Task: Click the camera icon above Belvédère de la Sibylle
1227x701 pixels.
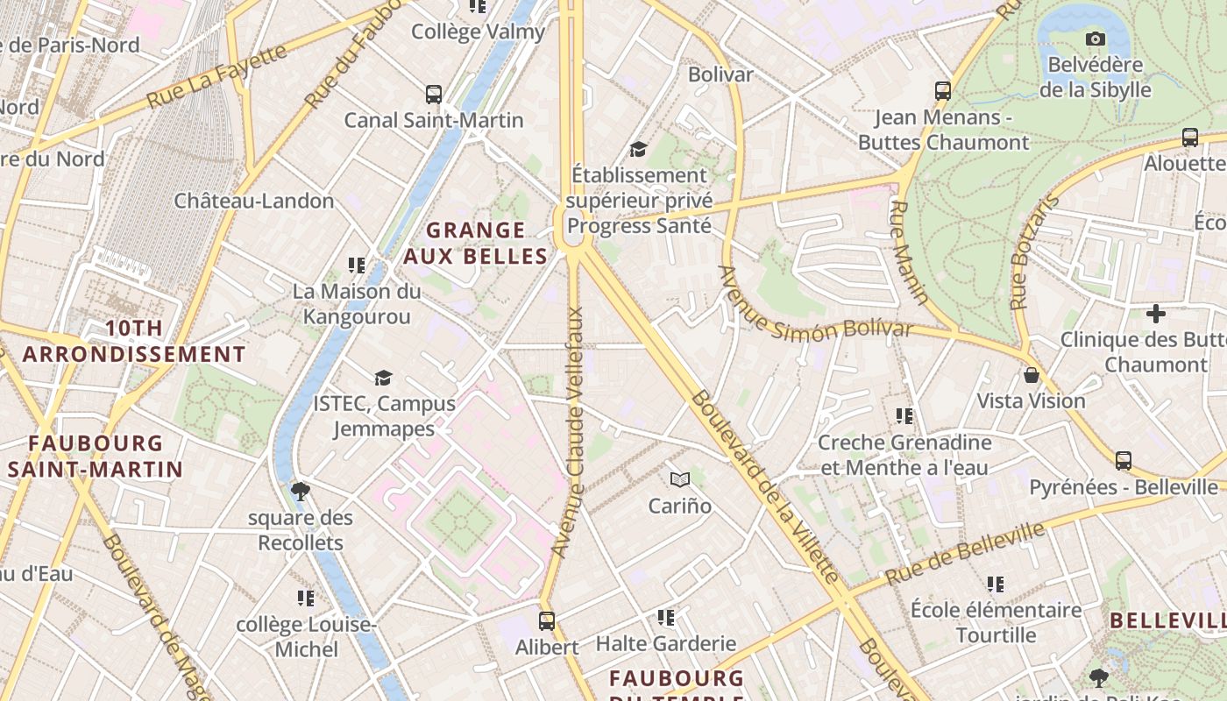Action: point(1095,39)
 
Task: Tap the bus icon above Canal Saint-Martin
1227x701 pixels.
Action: point(433,95)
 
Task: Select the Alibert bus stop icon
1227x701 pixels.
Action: point(547,621)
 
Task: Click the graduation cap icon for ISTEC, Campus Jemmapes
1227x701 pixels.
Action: point(383,378)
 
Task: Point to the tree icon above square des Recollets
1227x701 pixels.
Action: point(300,491)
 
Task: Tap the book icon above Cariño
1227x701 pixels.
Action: point(680,479)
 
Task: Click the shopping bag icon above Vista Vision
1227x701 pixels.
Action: point(1032,375)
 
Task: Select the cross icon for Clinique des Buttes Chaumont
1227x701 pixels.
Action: point(1156,313)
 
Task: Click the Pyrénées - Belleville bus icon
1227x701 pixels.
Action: point(1123,461)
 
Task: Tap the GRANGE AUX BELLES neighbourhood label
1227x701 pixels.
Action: point(475,244)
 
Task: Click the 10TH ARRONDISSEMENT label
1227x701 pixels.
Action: point(133,342)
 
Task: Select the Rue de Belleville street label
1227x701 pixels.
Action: point(964,554)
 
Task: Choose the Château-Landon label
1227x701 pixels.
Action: point(254,201)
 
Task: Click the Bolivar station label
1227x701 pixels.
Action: point(720,74)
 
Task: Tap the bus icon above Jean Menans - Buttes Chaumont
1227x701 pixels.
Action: point(943,91)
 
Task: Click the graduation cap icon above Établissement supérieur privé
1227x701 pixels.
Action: point(638,150)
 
